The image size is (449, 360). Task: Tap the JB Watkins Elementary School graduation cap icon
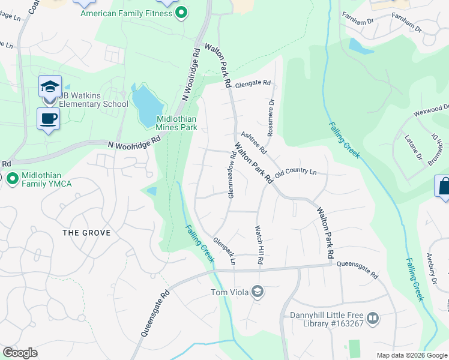pos(50,86)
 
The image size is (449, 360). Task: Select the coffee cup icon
pos(48,118)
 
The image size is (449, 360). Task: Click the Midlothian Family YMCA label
pos(47,179)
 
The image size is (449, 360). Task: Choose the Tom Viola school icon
pos(257,292)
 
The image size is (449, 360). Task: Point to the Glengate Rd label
pos(253,83)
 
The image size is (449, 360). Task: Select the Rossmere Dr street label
pos(271,118)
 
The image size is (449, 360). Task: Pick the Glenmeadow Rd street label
pos(231,175)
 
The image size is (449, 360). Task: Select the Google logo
pos(20,353)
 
